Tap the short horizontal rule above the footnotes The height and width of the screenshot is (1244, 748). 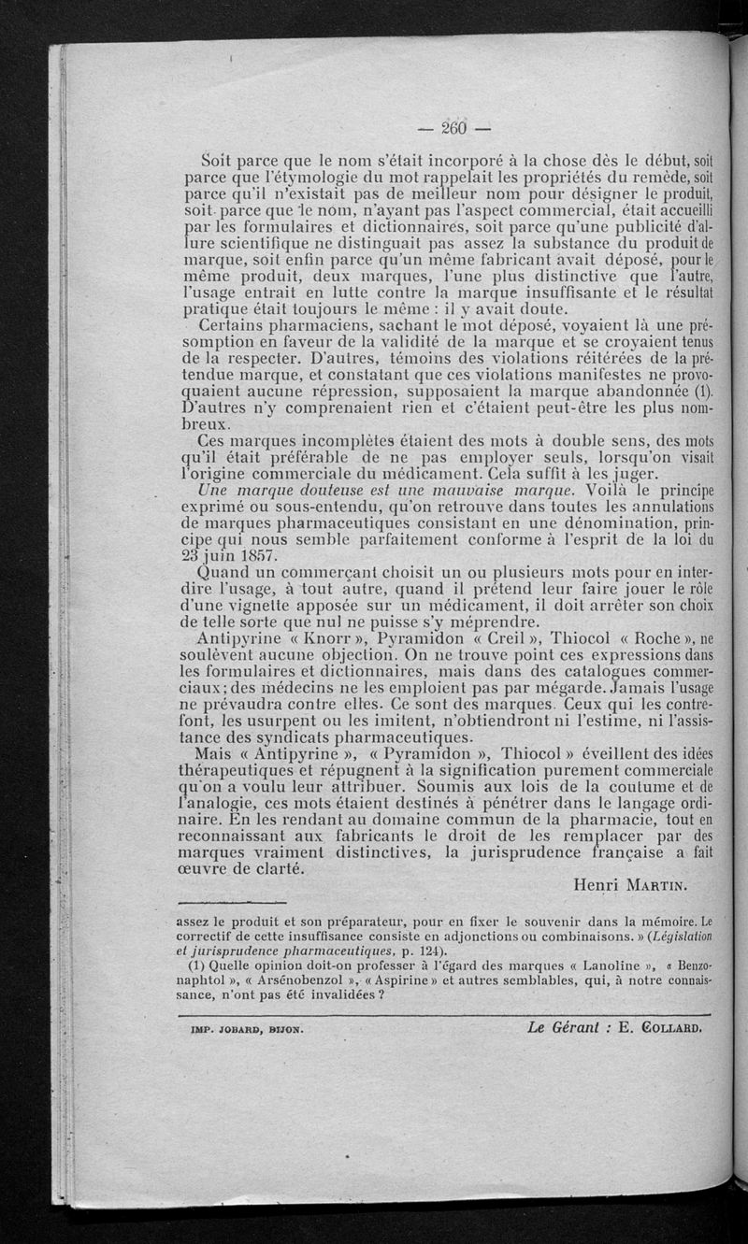click(230, 904)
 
